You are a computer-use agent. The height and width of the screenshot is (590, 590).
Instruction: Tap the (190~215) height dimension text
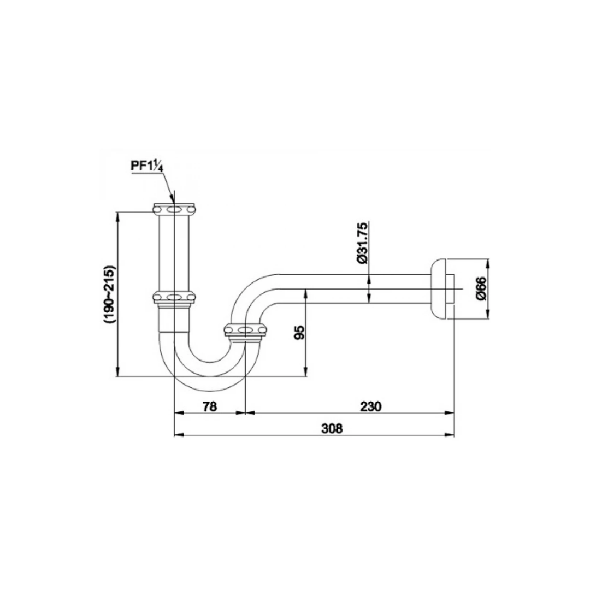(x=110, y=294)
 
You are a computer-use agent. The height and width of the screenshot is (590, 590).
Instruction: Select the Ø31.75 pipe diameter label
(x=362, y=243)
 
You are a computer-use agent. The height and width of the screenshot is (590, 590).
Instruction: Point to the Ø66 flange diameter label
(x=481, y=288)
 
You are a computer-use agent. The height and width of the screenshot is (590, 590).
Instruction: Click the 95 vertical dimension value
(x=300, y=332)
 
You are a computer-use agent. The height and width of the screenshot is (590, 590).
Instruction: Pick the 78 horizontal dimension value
(x=210, y=406)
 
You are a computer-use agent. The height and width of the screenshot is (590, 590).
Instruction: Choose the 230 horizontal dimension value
(x=370, y=406)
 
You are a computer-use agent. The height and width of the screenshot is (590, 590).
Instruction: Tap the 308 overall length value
(x=332, y=429)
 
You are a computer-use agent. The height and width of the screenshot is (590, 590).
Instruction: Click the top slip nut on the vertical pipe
(x=175, y=210)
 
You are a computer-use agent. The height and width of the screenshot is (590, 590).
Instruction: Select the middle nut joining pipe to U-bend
(x=174, y=297)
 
